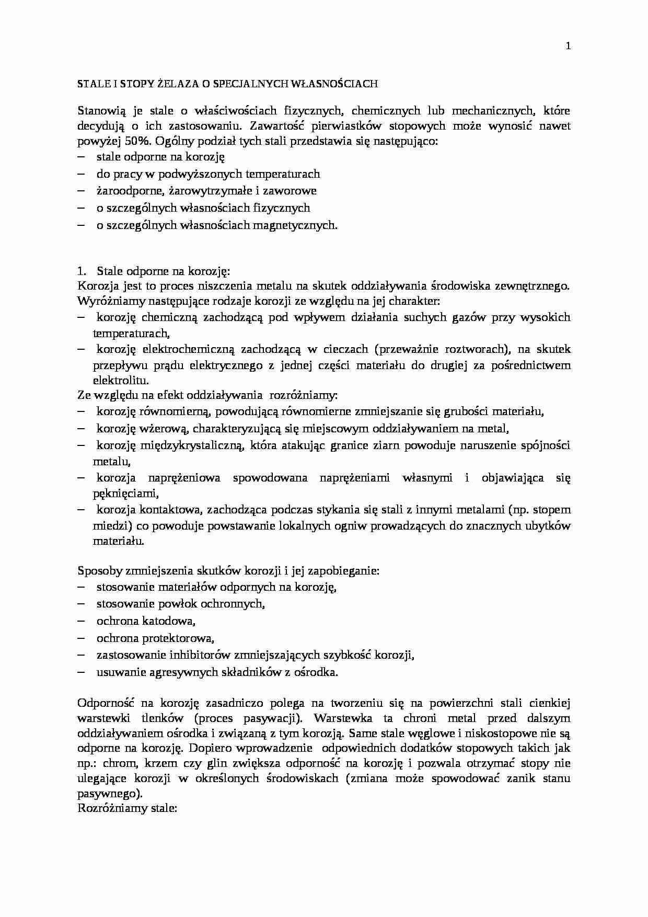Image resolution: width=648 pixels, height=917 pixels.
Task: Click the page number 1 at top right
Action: [x=568, y=46]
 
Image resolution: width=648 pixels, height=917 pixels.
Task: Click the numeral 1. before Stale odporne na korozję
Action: [x=81, y=271]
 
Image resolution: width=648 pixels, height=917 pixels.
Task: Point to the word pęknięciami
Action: [x=125, y=493]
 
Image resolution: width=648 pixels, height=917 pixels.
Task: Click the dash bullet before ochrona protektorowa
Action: [x=81, y=638]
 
